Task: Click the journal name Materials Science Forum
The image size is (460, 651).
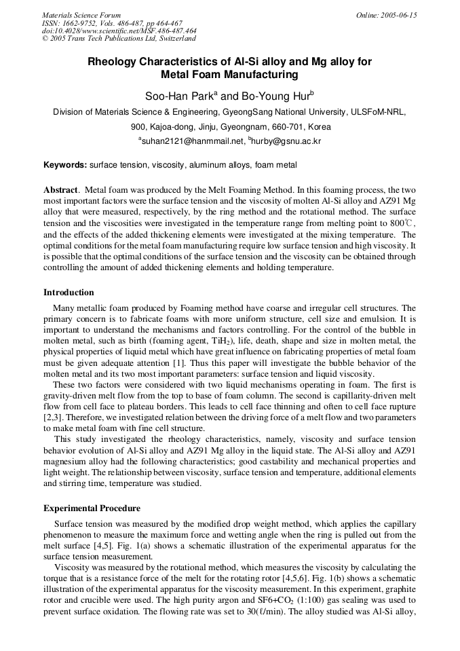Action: tap(81, 15)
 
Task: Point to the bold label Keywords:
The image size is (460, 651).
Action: tap(65, 165)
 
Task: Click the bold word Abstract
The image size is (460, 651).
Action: tap(62, 190)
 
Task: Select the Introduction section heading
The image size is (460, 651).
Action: tap(69, 293)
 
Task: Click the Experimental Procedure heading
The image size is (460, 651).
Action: tap(92, 508)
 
